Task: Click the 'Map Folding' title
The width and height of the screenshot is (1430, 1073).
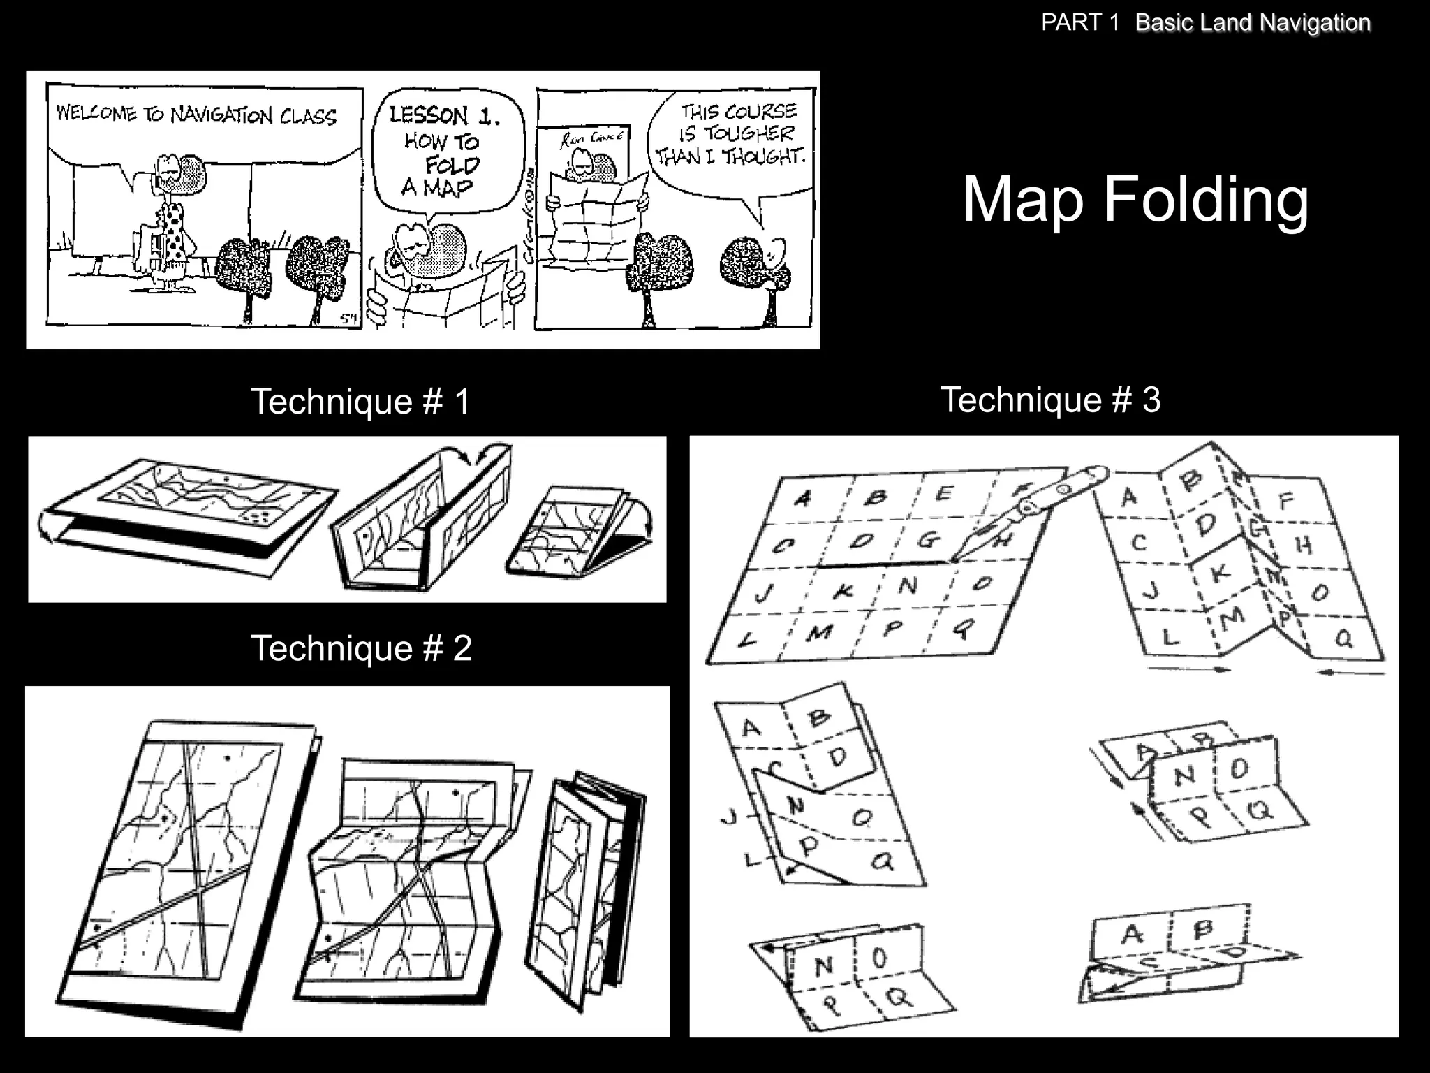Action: click(1135, 200)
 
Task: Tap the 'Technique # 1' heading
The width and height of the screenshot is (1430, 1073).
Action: click(360, 402)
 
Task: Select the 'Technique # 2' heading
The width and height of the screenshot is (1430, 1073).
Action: click(361, 648)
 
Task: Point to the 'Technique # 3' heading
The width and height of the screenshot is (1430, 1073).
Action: click(1050, 400)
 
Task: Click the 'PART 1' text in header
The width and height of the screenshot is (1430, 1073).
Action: click(1079, 22)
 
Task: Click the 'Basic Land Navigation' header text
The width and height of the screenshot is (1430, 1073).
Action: click(1253, 22)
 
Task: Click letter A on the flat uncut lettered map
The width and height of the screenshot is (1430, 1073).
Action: click(803, 498)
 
